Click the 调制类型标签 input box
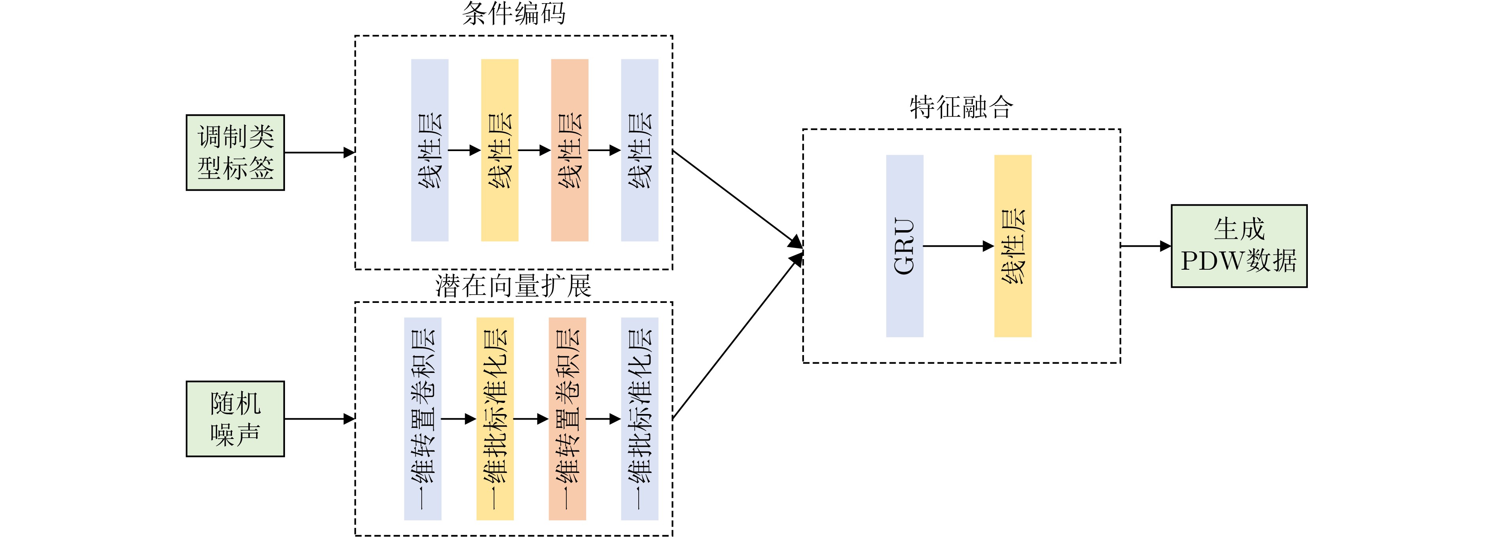click(235, 152)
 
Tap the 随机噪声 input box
click(235, 419)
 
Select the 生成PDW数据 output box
click(1239, 246)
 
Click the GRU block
click(904, 246)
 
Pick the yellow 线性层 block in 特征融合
click(1013, 246)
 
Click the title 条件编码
click(513, 13)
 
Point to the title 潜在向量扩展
click(513, 286)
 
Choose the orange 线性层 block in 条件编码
click(570, 150)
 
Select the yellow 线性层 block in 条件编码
click(499, 150)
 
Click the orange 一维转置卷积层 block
click(567, 419)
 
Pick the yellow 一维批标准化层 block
click(495, 419)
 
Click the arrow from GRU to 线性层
click(958, 246)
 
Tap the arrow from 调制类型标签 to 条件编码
click(319, 153)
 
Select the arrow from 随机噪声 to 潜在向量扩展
click(319, 419)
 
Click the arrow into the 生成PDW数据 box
click(1145, 246)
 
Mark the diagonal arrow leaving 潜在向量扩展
click(737, 337)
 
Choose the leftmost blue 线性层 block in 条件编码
click(429, 150)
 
